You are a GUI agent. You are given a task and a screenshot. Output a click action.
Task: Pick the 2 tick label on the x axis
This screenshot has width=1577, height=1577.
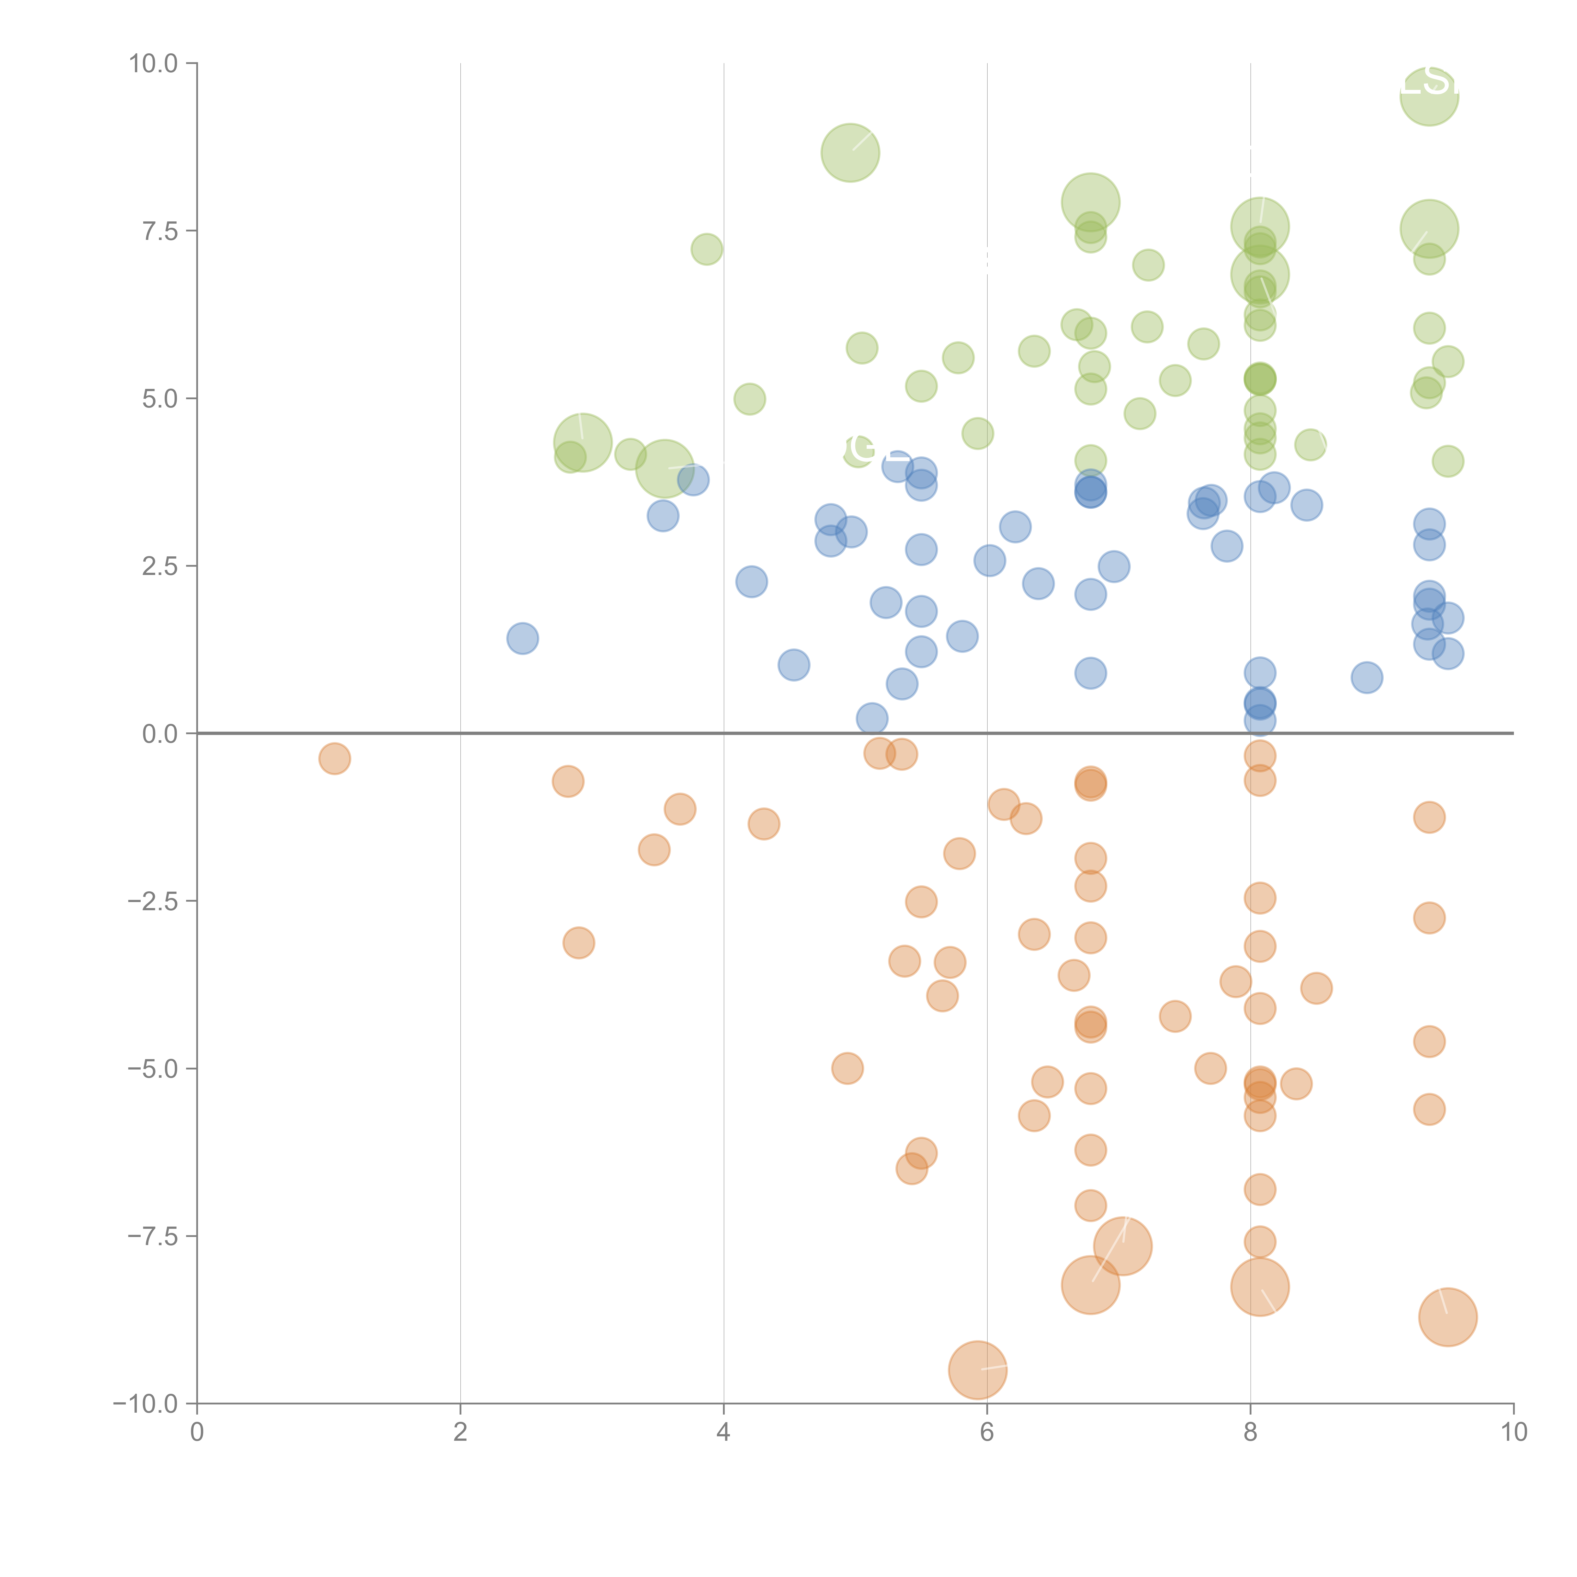pos(460,1433)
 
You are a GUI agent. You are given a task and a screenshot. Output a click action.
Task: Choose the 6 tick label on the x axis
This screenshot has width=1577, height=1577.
pos(987,1433)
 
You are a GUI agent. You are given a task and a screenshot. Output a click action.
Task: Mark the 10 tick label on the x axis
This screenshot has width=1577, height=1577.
pos(1513,1433)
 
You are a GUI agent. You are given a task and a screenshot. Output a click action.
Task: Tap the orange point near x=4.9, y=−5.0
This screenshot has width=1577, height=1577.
pos(847,1069)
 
